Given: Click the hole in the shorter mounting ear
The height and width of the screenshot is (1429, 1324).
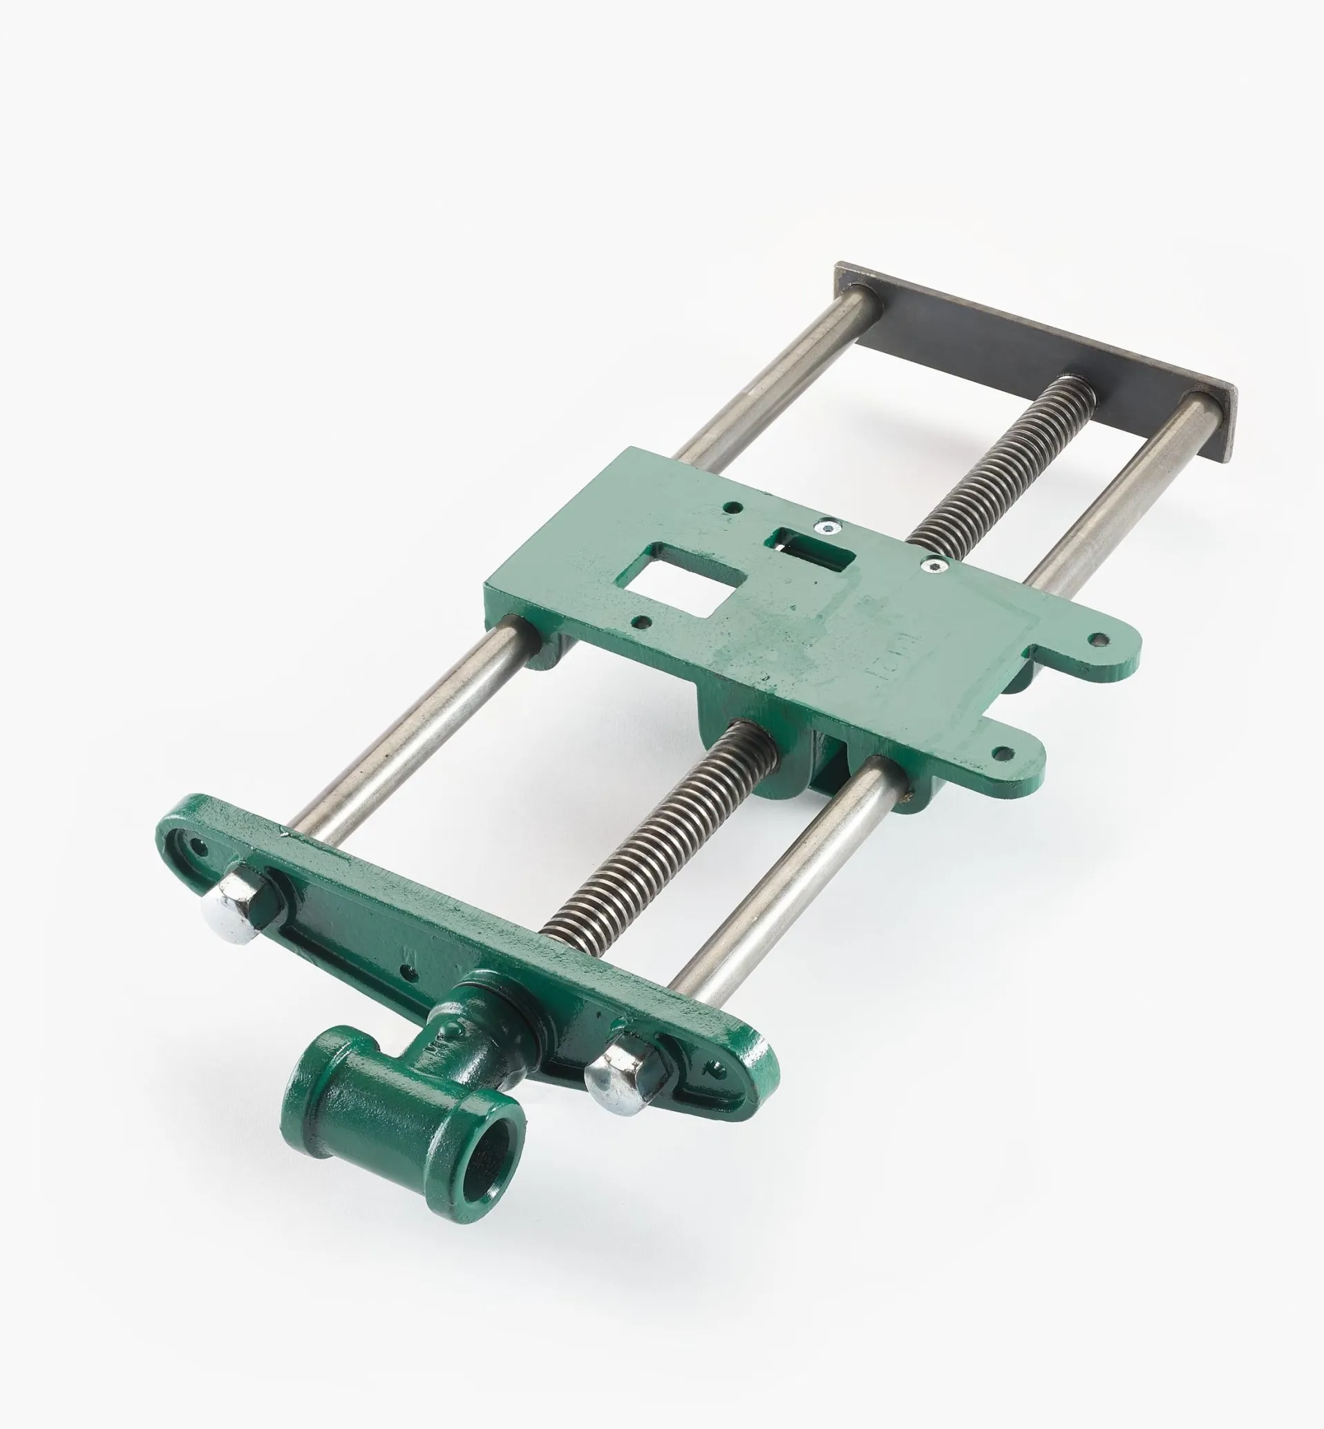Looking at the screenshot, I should coord(1003,753).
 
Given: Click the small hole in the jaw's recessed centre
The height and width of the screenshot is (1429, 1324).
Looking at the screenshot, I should coord(409,973).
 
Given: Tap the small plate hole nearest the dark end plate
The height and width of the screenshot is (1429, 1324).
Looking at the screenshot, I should coord(732,508).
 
